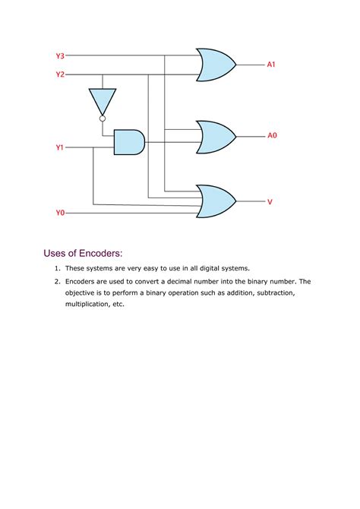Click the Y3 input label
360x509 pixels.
[x=60, y=55]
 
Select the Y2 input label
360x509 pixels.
[x=60, y=74]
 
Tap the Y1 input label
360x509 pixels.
[x=60, y=148]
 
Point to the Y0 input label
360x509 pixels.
[x=60, y=213]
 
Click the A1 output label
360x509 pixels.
[x=271, y=65]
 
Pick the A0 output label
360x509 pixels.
[x=272, y=135]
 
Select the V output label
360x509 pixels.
[x=270, y=201]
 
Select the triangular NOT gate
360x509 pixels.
[x=103, y=100]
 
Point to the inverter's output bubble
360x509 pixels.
[x=103, y=118]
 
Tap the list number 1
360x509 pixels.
[x=56, y=268]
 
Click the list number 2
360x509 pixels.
[x=56, y=281]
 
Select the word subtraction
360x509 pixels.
[x=257, y=292]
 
